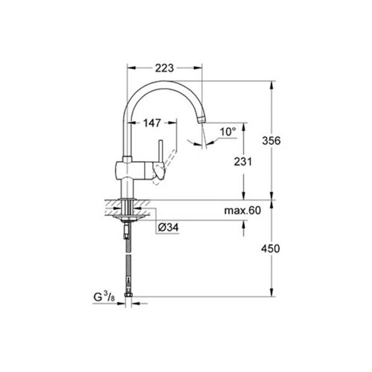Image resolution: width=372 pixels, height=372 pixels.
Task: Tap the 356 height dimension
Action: [x=271, y=140]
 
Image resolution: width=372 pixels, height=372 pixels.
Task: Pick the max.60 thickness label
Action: [x=242, y=211]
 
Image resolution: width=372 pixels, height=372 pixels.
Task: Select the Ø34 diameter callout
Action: [x=169, y=228]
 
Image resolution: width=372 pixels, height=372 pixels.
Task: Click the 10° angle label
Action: [x=228, y=131]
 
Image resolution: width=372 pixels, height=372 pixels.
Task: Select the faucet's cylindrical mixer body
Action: [x=133, y=169]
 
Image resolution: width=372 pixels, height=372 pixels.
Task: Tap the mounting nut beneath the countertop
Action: [x=128, y=217]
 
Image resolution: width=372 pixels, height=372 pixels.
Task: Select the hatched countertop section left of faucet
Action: [x=112, y=205]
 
